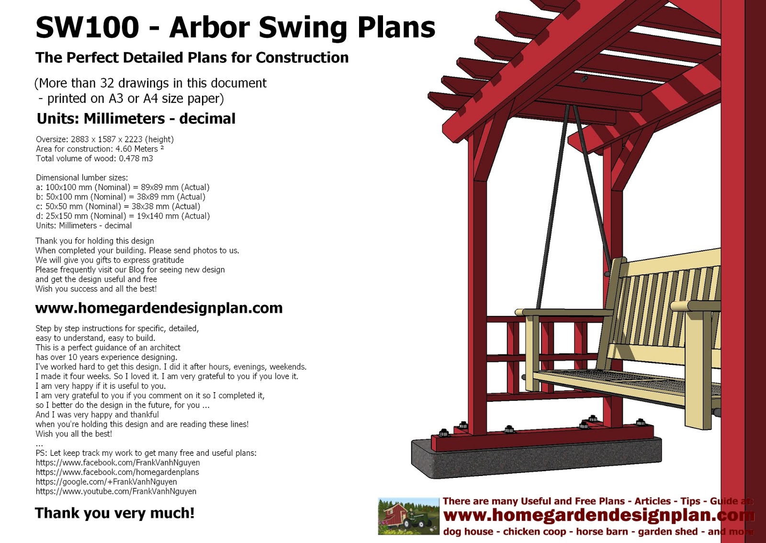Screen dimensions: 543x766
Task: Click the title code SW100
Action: coord(87,27)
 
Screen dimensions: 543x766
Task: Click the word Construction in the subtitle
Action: coord(302,57)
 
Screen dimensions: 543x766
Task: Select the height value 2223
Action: coord(133,139)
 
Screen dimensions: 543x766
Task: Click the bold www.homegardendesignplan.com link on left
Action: coord(158,308)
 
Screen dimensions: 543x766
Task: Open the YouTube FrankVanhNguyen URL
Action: coord(116,491)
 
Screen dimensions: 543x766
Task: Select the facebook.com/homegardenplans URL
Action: coord(117,472)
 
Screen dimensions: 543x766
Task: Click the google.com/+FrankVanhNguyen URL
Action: coord(106,482)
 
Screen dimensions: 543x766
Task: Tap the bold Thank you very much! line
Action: coord(114,513)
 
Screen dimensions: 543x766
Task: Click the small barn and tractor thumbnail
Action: coord(408,516)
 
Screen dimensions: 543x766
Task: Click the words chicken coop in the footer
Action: coord(534,532)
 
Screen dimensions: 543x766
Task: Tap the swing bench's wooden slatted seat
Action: coord(622,381)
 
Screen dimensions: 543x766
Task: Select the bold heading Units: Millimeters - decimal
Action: coord(136,119)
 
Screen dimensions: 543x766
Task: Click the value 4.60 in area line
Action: coord(124,149)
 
